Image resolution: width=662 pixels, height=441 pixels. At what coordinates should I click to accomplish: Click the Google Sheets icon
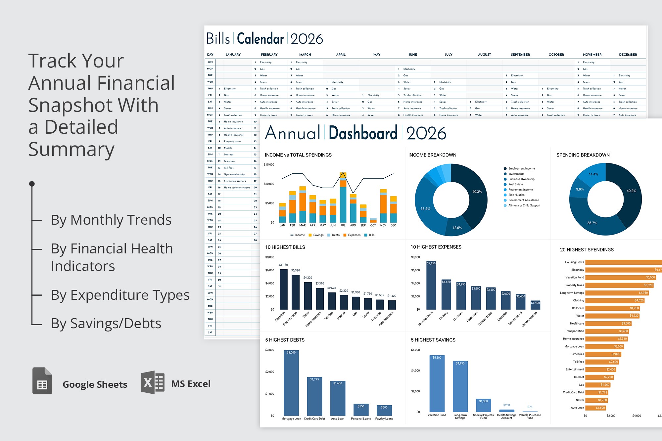click(42, 381)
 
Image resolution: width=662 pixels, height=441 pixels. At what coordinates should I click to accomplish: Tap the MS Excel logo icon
click(153, 382)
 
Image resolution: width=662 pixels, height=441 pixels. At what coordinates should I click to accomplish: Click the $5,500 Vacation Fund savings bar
click(437, 384)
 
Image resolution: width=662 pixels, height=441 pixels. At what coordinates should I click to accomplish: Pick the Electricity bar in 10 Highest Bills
click(284, 289)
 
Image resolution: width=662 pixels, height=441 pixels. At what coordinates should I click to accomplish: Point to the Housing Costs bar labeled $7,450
click(431, 285)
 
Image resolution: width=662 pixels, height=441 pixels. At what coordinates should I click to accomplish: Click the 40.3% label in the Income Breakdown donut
click(477, 192)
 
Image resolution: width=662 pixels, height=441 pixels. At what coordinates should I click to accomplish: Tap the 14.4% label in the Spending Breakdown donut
click(593, 174)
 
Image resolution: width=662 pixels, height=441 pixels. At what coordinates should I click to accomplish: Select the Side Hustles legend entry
click(516, 195)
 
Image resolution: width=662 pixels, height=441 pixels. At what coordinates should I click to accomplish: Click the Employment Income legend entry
click(521, 168)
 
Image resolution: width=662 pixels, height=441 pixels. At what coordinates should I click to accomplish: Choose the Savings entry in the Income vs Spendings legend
click(318, 235)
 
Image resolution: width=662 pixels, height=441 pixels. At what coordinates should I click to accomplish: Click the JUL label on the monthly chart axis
click(343, 225)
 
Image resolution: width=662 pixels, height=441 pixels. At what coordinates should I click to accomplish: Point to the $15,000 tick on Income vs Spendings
click(269, 164)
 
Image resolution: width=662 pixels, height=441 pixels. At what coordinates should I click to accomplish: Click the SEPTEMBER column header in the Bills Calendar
click(520, 55)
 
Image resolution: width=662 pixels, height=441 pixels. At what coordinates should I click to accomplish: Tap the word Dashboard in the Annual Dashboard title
click(363, 133)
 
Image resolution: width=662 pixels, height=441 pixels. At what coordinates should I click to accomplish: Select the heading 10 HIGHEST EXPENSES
click(436, 247)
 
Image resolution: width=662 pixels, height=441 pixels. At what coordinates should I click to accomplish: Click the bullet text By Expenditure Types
click(120, 295)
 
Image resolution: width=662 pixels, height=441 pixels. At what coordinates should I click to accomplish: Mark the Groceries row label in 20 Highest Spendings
click(578, 354)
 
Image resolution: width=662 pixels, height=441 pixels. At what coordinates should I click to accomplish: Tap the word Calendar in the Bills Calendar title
click(260, 39)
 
